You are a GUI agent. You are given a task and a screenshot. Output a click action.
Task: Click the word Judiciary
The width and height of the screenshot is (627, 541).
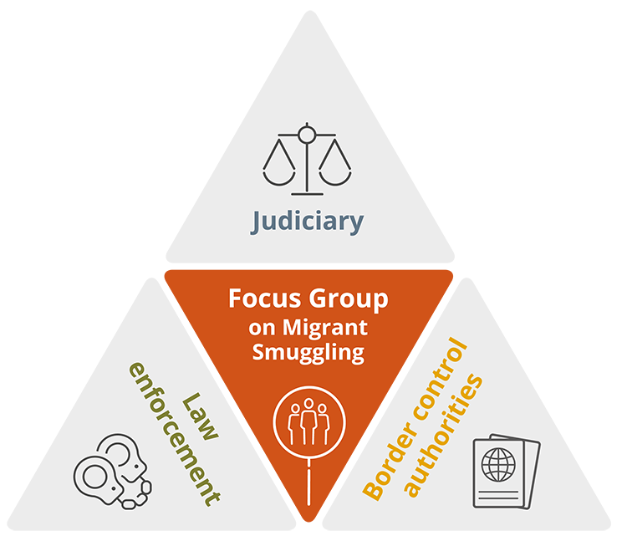tap(308, 222)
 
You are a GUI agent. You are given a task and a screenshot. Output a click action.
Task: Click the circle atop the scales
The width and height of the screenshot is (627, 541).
tap(307, 131)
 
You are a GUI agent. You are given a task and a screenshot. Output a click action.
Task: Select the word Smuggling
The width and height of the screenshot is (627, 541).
tap(308, 352)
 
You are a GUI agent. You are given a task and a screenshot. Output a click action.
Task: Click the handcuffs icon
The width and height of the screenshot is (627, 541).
tap(112, 472)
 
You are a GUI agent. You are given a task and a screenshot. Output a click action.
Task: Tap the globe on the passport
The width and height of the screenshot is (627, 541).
tap(500, 462)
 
